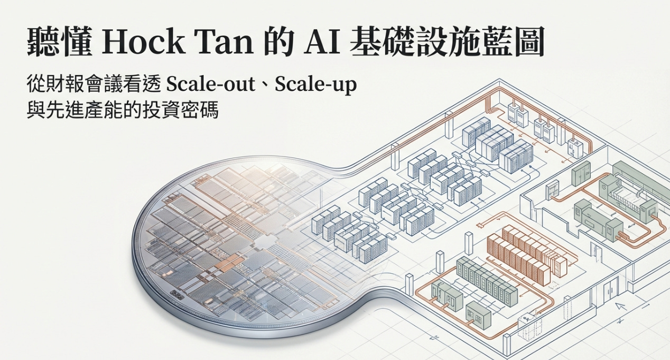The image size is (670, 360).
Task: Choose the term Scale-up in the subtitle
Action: click(x=315, y=85)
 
